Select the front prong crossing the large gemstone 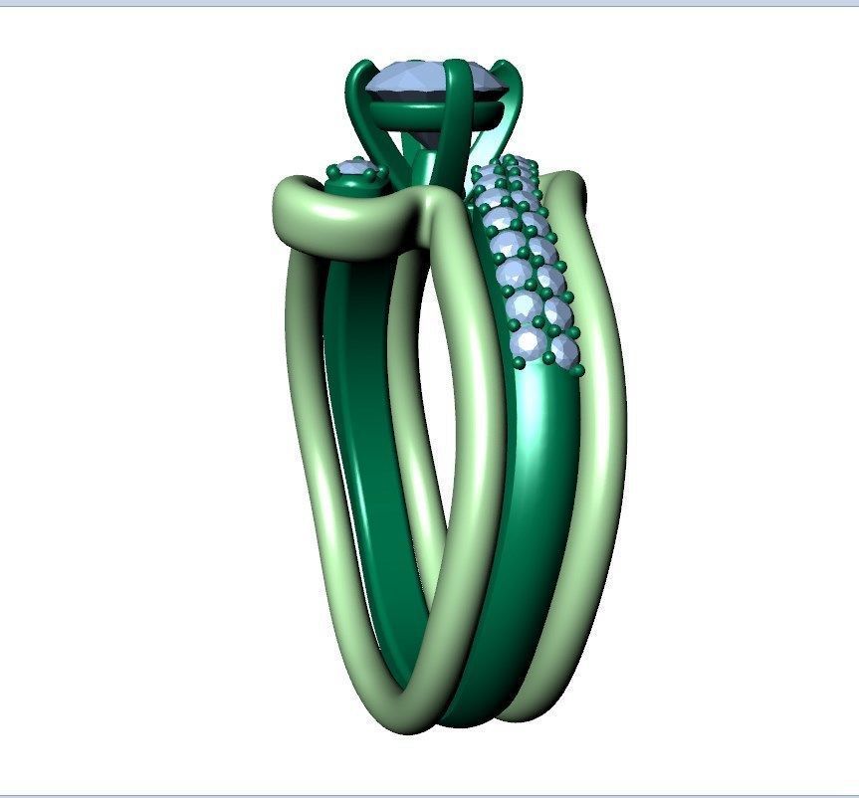click(455, 109)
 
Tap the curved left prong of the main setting click(356, 100)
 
